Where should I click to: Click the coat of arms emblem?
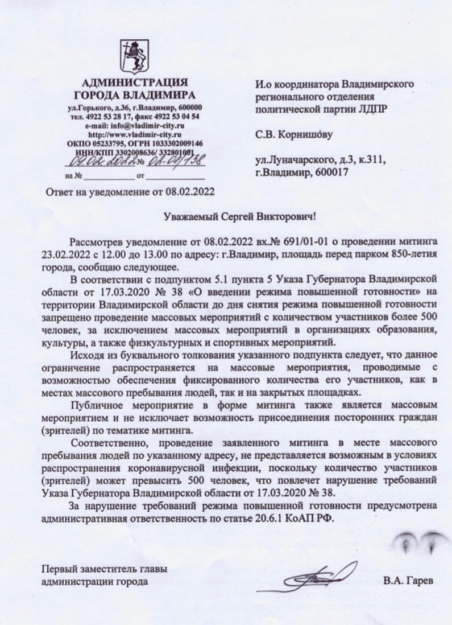134,55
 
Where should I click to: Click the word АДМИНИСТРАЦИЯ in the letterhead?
135,83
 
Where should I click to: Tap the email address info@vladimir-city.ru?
134,125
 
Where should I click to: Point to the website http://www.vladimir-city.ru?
134,134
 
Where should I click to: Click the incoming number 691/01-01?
296,242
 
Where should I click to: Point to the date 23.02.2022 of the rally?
64,255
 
